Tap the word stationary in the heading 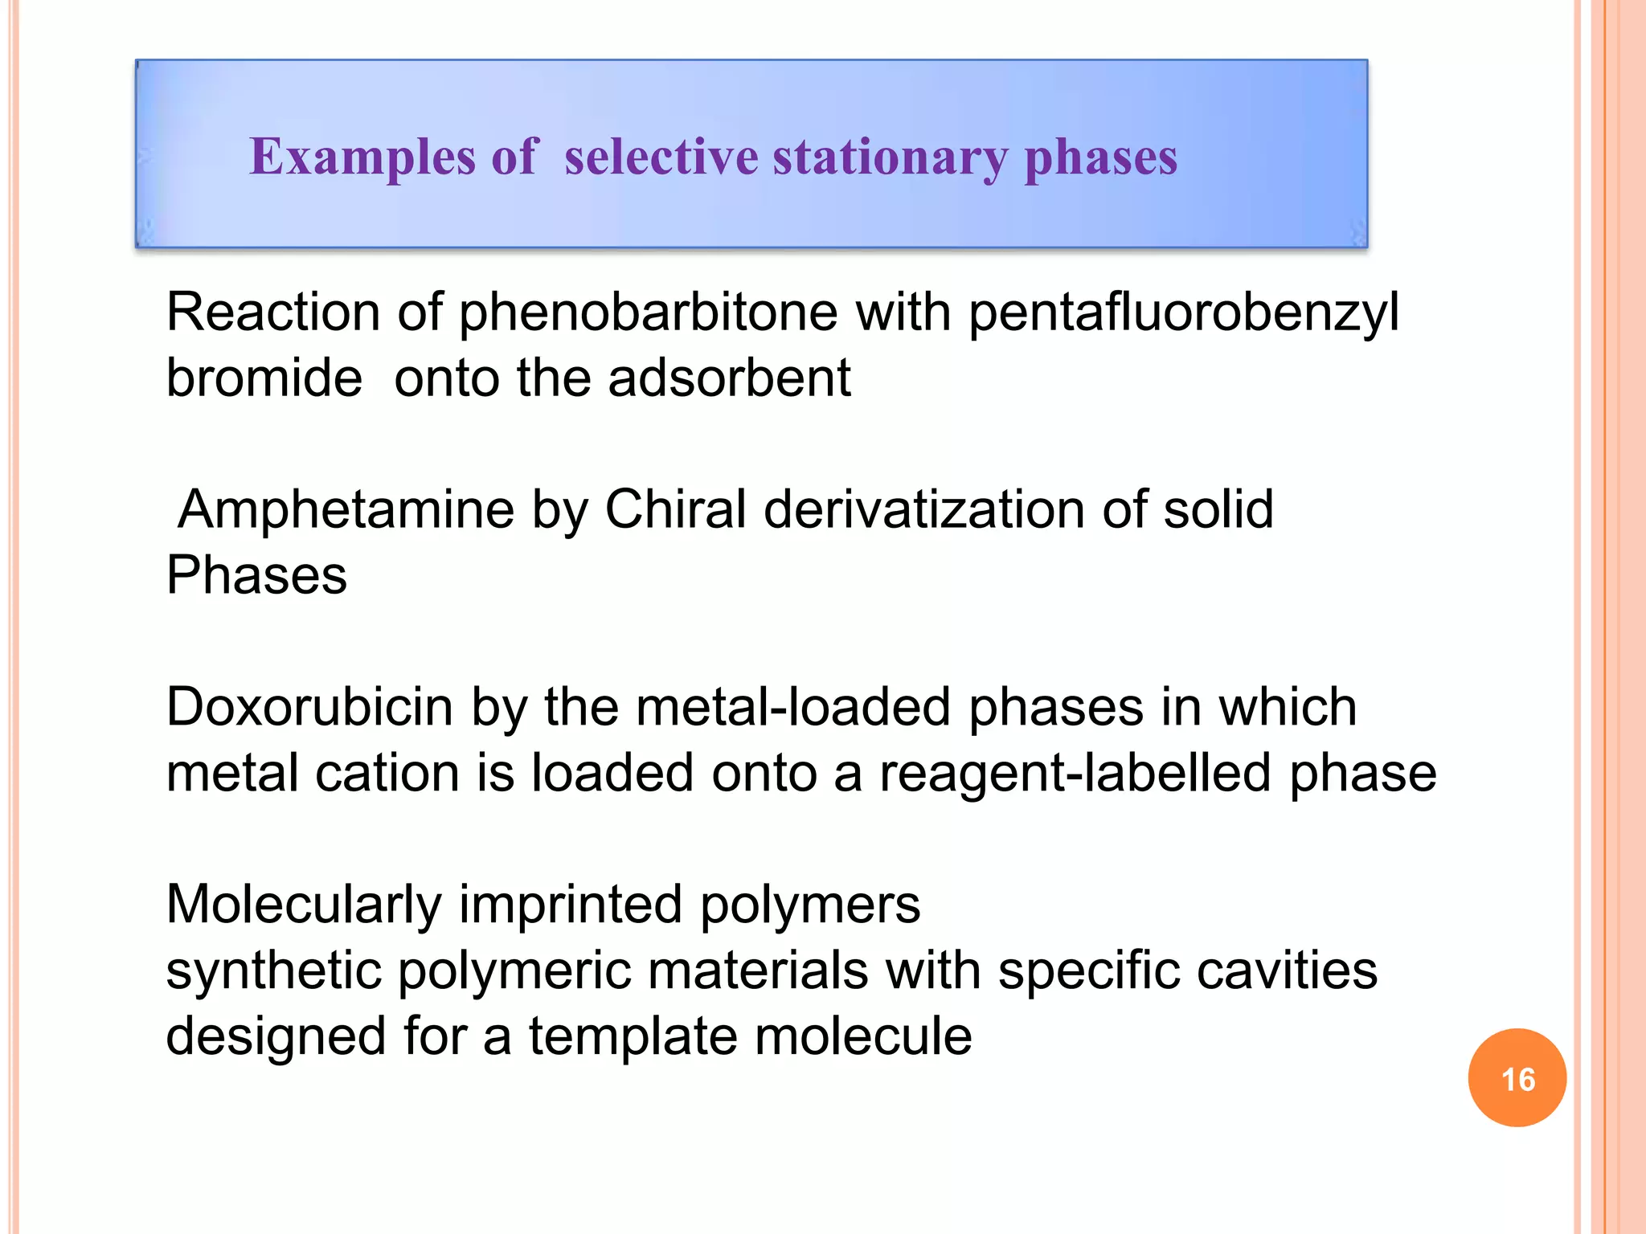890,157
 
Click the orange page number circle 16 1517,1078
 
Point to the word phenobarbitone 649,313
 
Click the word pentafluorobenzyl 1183,313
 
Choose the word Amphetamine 346,510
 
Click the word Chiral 675,509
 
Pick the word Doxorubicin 309,708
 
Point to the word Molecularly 304,905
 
